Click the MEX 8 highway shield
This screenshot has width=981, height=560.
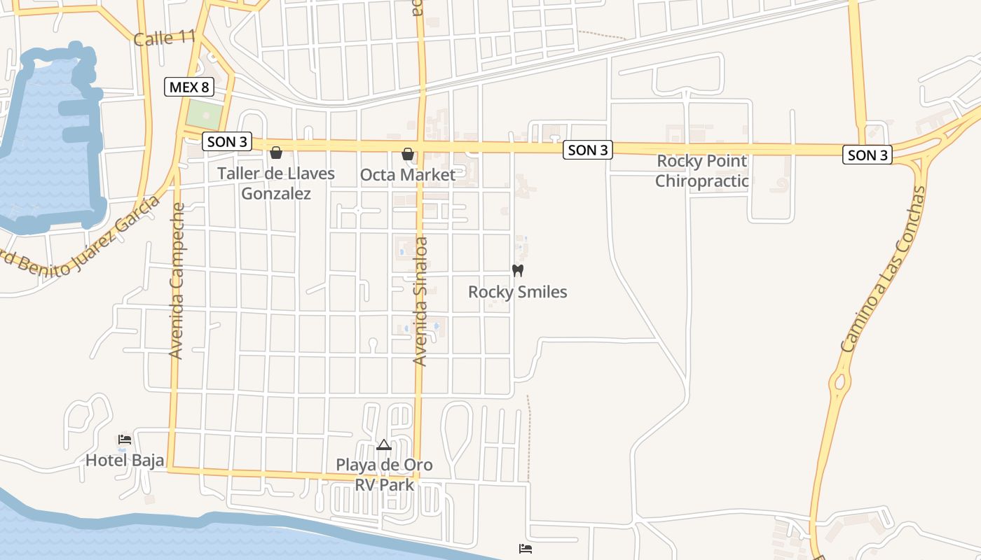click(189, 87)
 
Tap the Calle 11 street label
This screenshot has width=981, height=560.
click(163, 38)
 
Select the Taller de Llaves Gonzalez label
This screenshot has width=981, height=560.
click(276, 183)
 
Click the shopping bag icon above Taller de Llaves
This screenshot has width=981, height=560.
click(276, 153)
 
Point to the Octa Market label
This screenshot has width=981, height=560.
click(408, 175)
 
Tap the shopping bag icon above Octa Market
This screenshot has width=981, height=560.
click(408, 153)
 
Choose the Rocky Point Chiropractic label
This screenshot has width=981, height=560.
click(701, 171)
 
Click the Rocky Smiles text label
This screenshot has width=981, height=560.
click(517, 292)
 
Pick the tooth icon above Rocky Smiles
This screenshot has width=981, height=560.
click(518, 270)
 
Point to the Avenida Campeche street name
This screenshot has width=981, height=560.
click(177, 280)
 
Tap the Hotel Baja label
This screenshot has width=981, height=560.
click(125, 460)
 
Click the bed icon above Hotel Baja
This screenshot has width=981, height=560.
click(125, 440)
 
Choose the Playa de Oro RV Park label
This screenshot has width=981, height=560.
click(384, 474)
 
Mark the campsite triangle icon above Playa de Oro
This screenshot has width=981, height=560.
click(383, 444)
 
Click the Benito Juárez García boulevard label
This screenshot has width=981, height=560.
click(77, 238)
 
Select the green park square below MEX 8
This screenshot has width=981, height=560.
click(202, 113)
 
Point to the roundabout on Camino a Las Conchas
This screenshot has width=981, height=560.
click(839, 383)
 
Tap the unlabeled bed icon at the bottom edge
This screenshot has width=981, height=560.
click(525, 548)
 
